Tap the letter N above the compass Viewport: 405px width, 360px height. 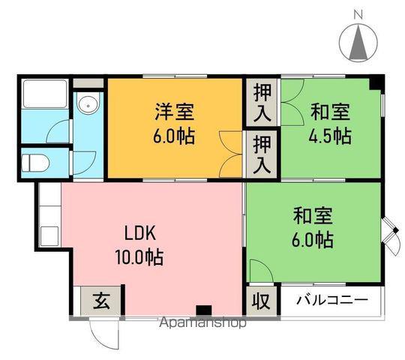coord(358,13)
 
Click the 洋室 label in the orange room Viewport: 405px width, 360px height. coord(175,113)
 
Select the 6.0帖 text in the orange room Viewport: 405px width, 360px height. coord(175,137)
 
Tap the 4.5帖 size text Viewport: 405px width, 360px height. coord(331,136)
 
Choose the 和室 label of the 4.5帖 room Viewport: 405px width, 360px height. coord(331,112)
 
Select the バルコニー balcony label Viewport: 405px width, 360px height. coord(331,301)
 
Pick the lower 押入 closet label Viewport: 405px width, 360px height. coord(262,153)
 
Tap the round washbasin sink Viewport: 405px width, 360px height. coord(88,104)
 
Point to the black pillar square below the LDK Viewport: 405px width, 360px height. coord(202,309)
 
